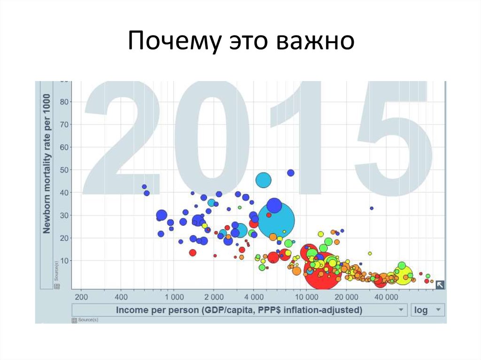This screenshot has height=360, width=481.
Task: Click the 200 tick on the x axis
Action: coord(81,297)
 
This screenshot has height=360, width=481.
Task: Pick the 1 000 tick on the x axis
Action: coord(174,297)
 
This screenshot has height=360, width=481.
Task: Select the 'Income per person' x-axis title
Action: coord(239,310)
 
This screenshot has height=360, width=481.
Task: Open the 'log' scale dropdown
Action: coord(427,310)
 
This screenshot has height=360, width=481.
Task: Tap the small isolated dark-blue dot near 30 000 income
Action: coord(372,208)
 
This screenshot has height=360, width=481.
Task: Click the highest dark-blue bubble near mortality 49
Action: coord(291,173)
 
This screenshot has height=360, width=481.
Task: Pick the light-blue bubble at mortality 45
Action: coord(264,180)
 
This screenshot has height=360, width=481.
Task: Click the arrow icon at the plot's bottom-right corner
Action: coord(440,284)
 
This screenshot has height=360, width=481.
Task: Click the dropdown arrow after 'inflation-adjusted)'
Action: coord(401,310)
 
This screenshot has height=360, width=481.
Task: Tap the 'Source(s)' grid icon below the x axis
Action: coord(74,320)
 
